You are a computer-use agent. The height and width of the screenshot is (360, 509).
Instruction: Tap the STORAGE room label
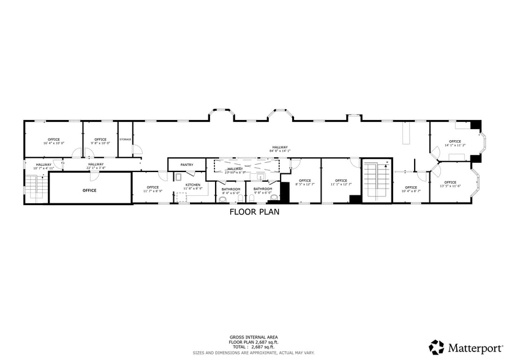[125, 140]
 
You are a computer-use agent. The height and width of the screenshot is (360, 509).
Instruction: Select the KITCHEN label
[193, 184]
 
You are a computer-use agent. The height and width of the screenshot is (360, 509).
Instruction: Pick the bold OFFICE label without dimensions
[89, 190]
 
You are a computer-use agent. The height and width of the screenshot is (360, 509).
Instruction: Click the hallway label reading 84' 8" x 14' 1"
[280, 148]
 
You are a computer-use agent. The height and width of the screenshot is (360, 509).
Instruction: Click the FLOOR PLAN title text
[254, 213]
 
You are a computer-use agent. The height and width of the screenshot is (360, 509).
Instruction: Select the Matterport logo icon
[437, 347]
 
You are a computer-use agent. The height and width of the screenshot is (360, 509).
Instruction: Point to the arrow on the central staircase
[385, 165]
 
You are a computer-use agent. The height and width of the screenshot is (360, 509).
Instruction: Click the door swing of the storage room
[138, 149]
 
